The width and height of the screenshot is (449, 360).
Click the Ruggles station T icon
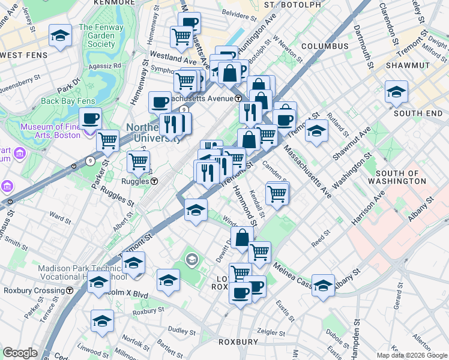pos(154,181)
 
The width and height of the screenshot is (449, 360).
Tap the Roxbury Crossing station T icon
pos(70,290)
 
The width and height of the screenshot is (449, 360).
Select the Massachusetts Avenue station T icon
pos(238,98)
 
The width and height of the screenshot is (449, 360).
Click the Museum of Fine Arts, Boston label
pos(50,131)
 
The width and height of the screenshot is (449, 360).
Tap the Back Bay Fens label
pos(66,101)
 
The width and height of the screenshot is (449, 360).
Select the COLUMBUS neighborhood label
pos(325,46)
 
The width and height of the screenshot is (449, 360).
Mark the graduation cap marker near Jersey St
pos(61,35)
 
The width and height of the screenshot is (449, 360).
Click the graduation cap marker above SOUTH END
pos(396,92)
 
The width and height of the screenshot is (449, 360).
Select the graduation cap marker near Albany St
pos(323,285)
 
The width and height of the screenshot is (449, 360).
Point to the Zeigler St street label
pos(270,331)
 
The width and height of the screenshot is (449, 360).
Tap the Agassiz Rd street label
pos(104,65)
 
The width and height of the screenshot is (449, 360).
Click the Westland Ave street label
pos(173,59)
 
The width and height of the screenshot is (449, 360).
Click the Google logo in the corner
pos(20,353)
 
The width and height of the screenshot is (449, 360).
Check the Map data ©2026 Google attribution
pos(411,355)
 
